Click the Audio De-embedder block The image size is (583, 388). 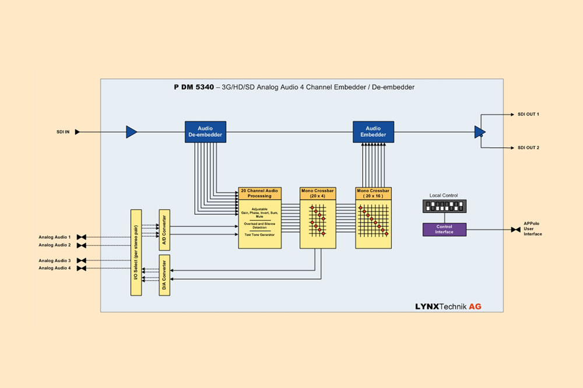pyautogui.click(x=205, y=132)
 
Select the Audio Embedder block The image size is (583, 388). pyautogui.click(x=373, y=132)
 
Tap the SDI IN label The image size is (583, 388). pyautogui.click(x=63, y=132)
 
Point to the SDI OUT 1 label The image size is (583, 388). pyautogui.click(x=528, y=114)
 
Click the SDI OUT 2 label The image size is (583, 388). pyautogui.click(x=528, y=148)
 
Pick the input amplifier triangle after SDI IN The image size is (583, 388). pyautogui.click(x=131, y=132)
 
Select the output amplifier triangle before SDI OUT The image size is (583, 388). pyautogui.click(x=479, y=132)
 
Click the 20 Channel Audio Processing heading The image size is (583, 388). pyautogui.click(x=260, y=193)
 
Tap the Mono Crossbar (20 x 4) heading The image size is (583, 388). pyautogui.click(x=318, y=193)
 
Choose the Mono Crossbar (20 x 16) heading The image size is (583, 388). pyautogui.click(x=373, y=193)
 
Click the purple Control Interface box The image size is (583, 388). pyautogui.click(x=445, y=230)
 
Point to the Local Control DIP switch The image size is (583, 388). pyautogui.click(x=445, y=207)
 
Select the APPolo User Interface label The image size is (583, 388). pyautogui.click(x=533, y=230)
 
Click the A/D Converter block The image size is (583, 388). pyautogui.click(x=164, y=230)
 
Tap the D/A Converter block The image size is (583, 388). pyautogui.click(x=164, y=275)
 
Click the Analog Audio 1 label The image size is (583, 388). pyautogui.click(x=55, y=237)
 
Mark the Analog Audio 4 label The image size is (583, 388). pyautogui.click(x=55, y=268)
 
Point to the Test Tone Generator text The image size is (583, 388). pyautogui.click(x=260, y=234)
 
